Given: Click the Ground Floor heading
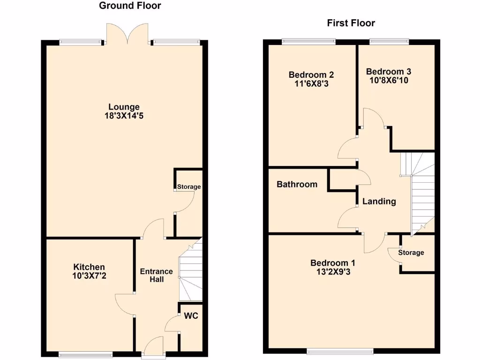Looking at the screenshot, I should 130,6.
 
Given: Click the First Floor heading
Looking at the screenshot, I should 351,23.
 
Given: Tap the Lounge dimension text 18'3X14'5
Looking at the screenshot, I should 124,116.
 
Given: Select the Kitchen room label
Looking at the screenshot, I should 89,267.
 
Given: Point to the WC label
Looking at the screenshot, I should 191,316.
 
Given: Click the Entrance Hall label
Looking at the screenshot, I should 157,276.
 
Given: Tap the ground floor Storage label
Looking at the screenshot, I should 189,187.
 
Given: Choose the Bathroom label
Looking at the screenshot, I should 297,184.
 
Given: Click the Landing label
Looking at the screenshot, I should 379,202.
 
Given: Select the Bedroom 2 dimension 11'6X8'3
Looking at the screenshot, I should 311,83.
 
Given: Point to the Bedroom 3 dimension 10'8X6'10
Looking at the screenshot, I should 389,80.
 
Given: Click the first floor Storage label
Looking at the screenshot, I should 411,253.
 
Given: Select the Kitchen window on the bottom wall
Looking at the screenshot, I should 85,354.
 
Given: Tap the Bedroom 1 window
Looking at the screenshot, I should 340,351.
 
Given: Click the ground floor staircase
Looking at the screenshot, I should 190,272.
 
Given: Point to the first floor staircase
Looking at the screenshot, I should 421,192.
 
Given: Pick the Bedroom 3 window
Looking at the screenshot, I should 389,42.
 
